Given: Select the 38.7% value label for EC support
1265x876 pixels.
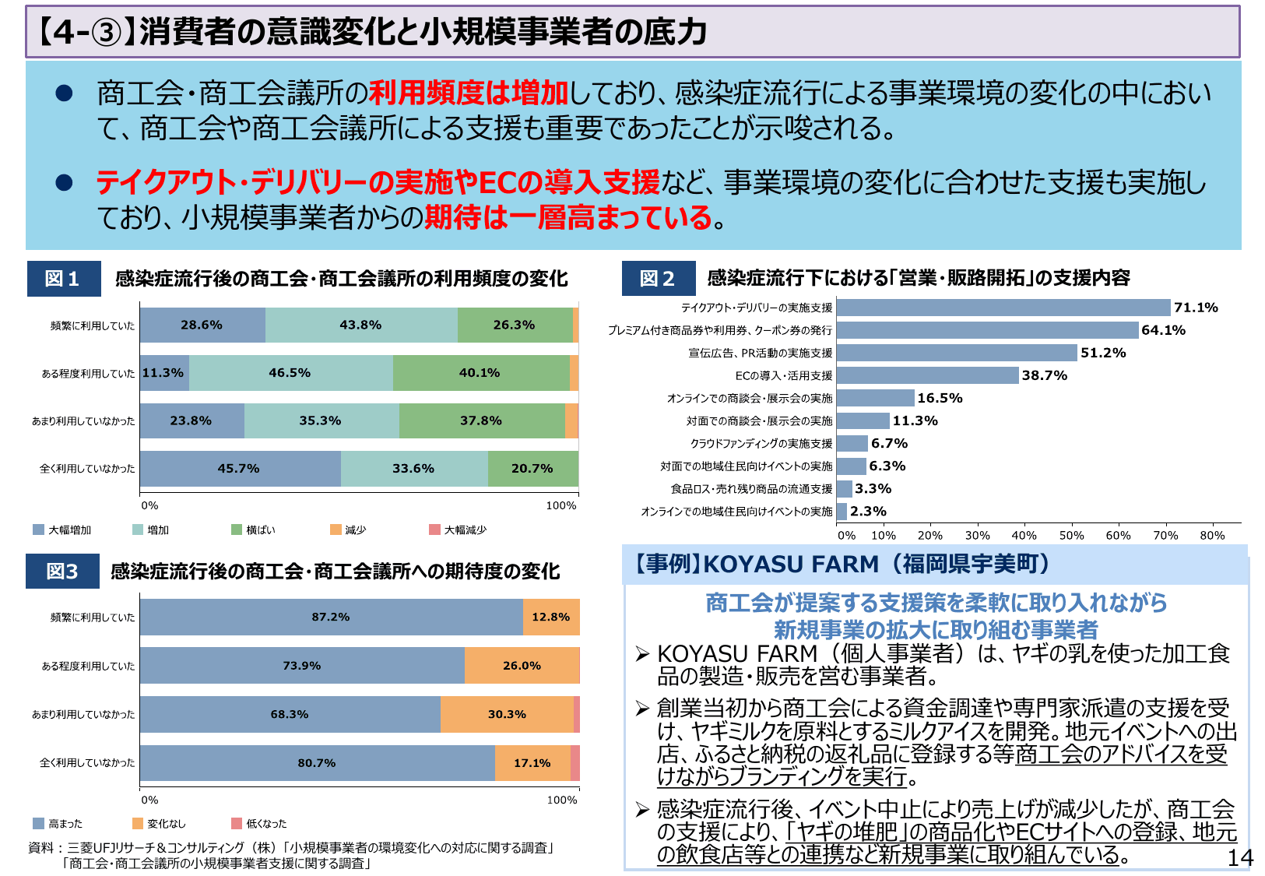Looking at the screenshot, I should pos(1044,375).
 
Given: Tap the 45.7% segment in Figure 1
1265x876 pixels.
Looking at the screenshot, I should pos(240,469).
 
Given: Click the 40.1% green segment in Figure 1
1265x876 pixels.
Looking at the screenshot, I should pos(480,373).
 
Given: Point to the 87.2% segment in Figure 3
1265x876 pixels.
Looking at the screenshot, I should pos(331,617).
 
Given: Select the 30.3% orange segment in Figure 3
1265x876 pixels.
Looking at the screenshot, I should pos(507,714).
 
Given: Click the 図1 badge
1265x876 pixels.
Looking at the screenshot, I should pos(64,279).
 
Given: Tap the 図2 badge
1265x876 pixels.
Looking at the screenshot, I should pos(658,279).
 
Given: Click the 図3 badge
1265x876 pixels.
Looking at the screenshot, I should pos(62,572).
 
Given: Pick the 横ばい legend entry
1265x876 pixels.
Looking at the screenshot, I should pos(254,530).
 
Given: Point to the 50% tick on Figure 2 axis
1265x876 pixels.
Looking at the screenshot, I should pos(1071,536).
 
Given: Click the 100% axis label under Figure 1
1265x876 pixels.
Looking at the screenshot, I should pos(561,506).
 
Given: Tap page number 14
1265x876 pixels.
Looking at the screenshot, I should pos(1239,858).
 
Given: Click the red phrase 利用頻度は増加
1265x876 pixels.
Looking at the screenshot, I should pos(469,93).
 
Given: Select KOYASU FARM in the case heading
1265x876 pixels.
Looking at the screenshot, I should pos(790,564).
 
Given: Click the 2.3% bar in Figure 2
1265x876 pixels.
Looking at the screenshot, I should pos(842,512).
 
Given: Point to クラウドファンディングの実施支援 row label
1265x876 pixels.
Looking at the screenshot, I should pos(761,444).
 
